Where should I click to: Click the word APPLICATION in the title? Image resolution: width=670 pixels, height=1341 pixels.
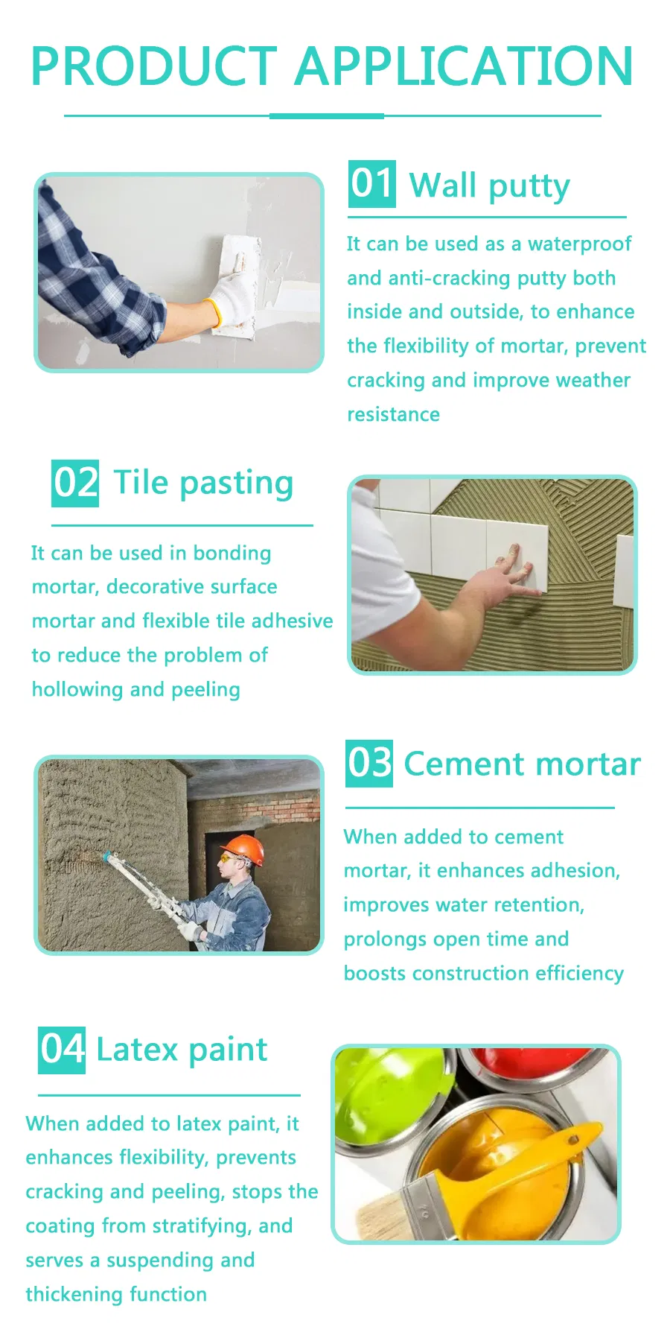464,66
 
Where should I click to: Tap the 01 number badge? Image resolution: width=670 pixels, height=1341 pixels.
371,184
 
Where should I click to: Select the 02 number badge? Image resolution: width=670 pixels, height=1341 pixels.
75,483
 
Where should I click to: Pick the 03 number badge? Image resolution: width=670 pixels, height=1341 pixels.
369,764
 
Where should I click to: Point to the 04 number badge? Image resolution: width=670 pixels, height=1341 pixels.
62,1050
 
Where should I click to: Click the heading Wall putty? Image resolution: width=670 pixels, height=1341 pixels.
489,186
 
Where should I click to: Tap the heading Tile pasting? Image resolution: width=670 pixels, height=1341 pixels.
203,483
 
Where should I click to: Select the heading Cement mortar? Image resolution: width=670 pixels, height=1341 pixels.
522,764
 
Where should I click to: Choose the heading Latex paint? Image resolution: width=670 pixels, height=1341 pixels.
182,1050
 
